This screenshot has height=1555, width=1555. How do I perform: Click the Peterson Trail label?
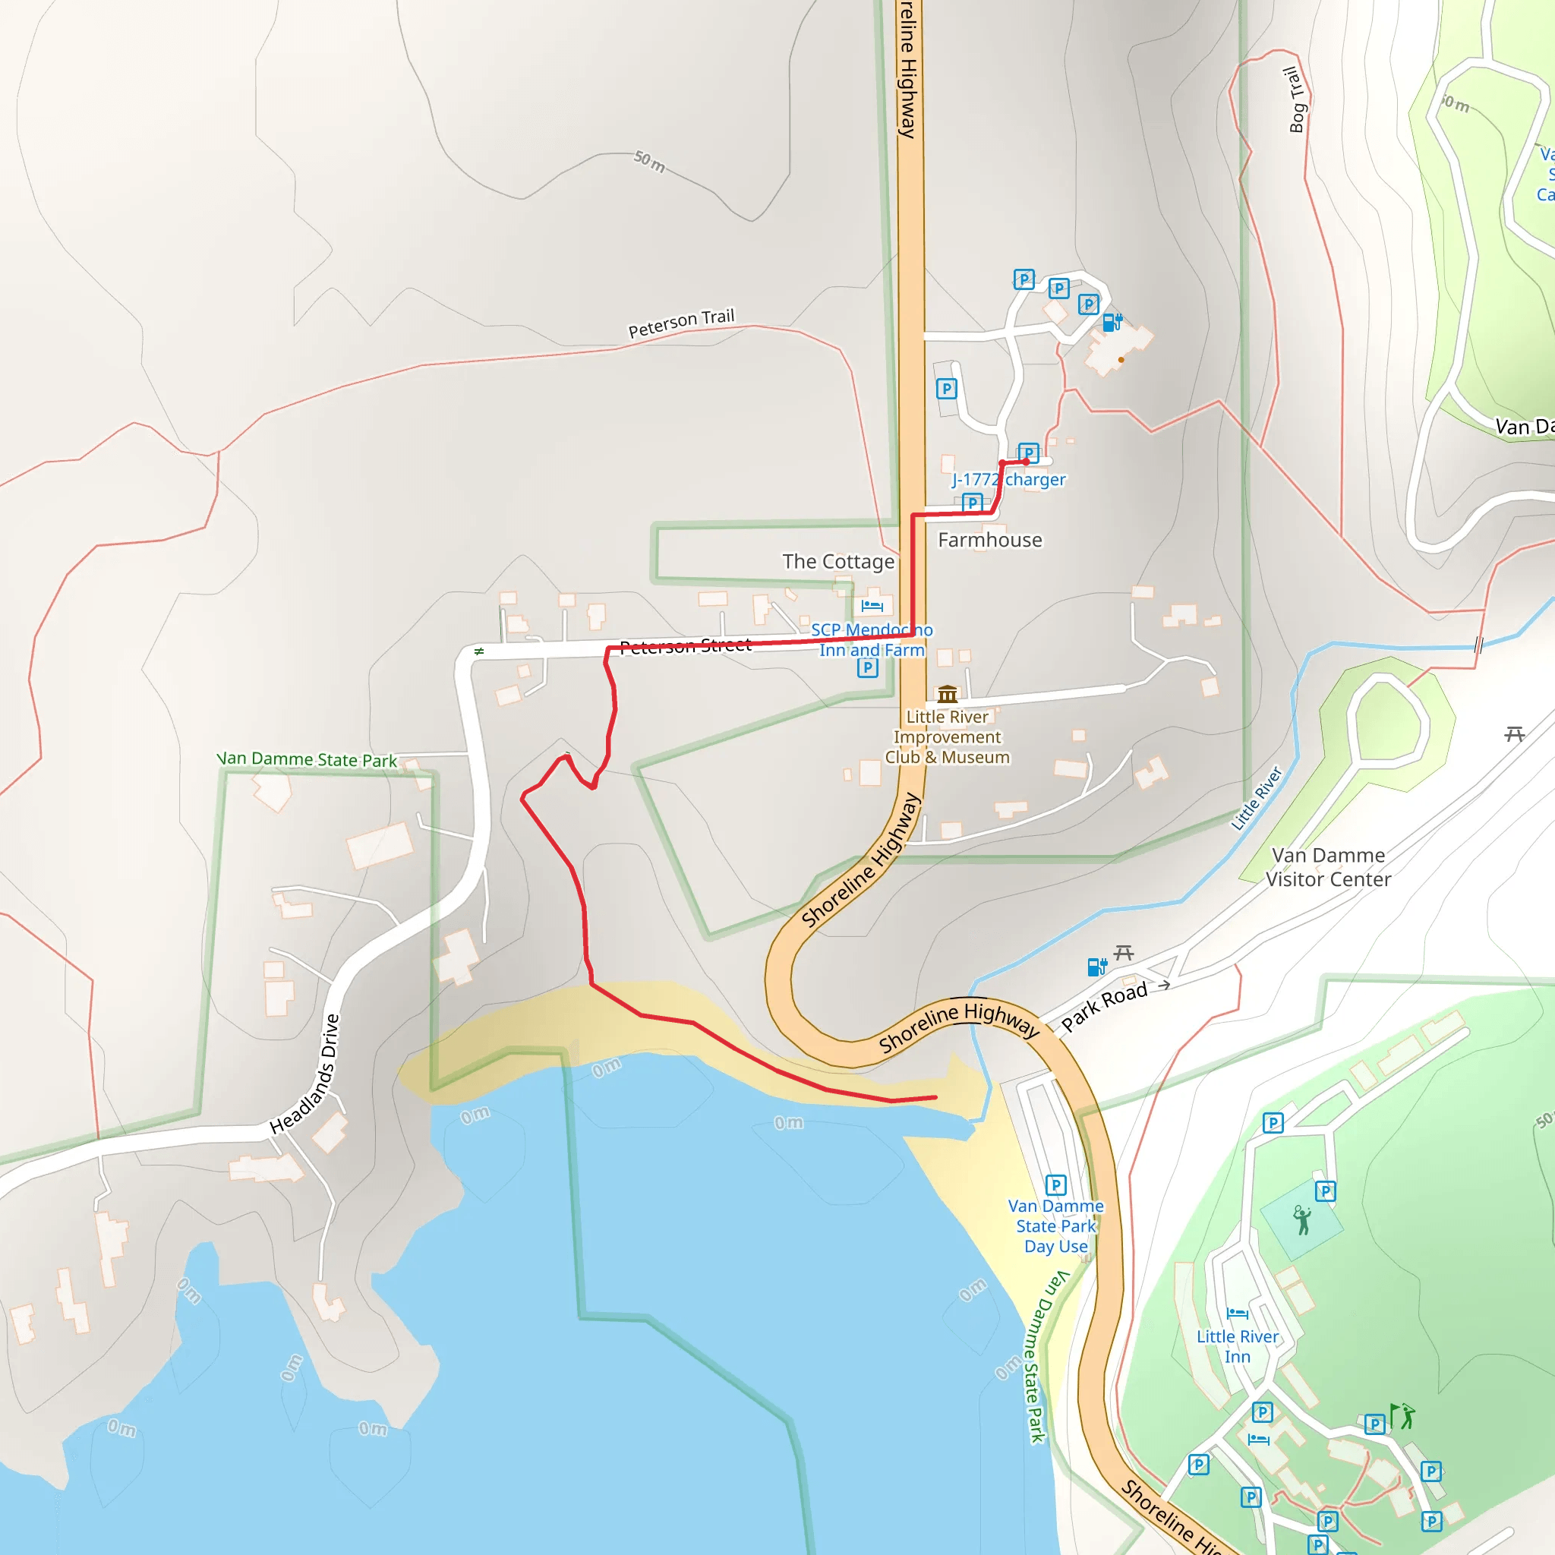click(681, 323)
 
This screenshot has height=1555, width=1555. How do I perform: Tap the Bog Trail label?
click(1295, 99)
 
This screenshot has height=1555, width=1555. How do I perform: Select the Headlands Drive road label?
click(305, 1074)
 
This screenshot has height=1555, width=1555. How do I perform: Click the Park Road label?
click(1103, 1006)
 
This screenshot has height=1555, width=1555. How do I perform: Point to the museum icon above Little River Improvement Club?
click(948, 694)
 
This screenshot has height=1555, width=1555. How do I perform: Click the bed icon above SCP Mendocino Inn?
click(872, 605)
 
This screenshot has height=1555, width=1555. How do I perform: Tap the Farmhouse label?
click(989, 540)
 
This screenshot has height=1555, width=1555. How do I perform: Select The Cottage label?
click(838, 562)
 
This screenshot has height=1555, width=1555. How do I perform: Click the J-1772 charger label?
click(1008, 480)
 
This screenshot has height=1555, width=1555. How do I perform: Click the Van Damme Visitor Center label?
click(1328, 867)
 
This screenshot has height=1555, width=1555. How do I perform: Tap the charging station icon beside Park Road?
click(1096, 967)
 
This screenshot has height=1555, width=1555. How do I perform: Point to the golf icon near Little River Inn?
click(1403, 1417)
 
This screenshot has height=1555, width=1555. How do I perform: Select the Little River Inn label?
click(1237, 1346)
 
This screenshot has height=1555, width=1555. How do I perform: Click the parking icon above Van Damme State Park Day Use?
click(1056, 1184)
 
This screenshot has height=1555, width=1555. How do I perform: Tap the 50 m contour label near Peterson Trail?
click(648, 162)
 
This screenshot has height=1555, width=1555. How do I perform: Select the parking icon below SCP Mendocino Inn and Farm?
click(867, 667)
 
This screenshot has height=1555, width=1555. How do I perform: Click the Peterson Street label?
click(685, 645)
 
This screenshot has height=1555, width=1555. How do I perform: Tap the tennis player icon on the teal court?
click(1301, 1220)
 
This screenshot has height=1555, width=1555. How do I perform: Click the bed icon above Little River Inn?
click(1237, 1314)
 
